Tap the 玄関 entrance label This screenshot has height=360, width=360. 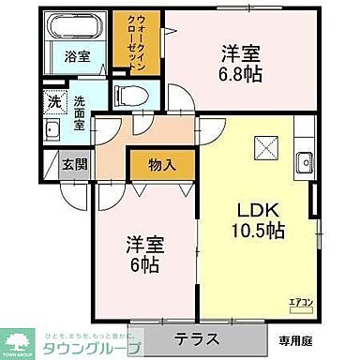click(71, 164)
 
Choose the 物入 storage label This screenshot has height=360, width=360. click(162, 165)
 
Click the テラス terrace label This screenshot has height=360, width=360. click(195, 337)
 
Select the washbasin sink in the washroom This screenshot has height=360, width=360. click(54, 130)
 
